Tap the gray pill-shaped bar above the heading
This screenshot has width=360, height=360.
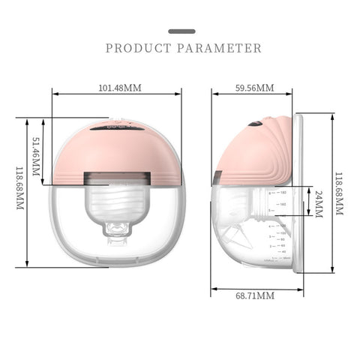[181, 31]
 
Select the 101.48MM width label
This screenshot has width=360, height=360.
[120, 87]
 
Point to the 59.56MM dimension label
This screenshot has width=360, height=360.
[253, 87]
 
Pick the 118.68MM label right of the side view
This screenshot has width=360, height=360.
[339, 193]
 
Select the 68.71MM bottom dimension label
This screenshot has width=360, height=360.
[254, 296]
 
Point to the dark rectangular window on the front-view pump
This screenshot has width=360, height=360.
[116, 180]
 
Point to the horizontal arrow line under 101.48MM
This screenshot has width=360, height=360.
[117, 94]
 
